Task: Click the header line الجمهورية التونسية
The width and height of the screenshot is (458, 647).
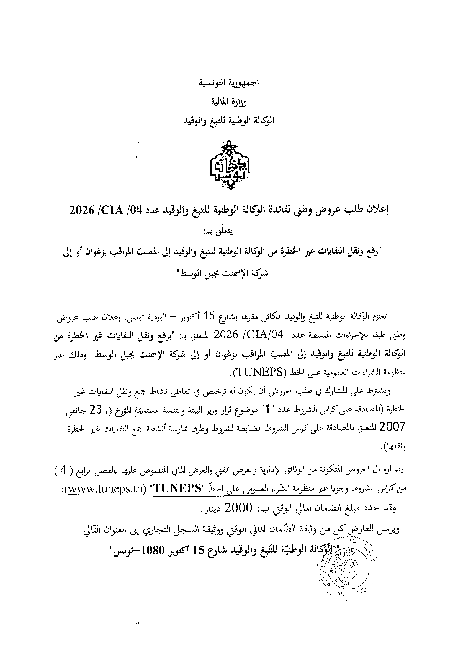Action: point(229,83)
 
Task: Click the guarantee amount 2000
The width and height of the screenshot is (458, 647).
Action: point(239,508)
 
